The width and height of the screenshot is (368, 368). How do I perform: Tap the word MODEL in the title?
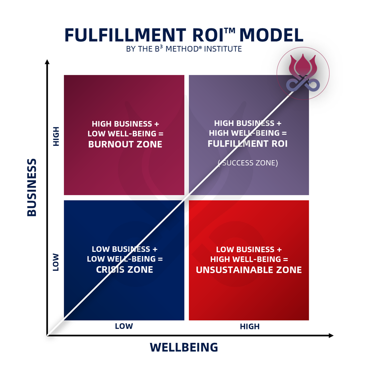point(271,35)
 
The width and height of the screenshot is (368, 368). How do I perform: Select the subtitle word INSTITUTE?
point(223,49)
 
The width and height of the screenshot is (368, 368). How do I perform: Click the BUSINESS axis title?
point(32,187)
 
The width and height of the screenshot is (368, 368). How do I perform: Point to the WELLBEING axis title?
point(184,347)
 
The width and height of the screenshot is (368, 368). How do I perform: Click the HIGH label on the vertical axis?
point(56,136)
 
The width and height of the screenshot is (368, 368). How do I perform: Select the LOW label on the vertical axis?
point(56,262)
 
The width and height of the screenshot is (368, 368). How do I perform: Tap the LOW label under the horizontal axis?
point(124,326)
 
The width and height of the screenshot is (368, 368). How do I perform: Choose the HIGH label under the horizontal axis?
point(250,326)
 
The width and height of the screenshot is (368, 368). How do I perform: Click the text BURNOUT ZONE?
point(125,144)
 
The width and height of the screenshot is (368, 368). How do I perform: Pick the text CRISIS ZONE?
point(124,270)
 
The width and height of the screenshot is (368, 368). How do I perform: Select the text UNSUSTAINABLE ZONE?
point(249,270)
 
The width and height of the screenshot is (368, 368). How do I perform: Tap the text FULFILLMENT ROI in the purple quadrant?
point(247,144)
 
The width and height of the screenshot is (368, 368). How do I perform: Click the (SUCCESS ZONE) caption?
point(248,163)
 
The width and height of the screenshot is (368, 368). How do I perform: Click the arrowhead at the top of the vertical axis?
point(47,62)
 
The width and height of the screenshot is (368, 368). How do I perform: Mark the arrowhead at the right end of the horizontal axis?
point(331,335)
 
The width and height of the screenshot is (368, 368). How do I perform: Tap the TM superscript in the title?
point(230,30)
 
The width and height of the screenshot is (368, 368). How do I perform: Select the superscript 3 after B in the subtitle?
point(161,47)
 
